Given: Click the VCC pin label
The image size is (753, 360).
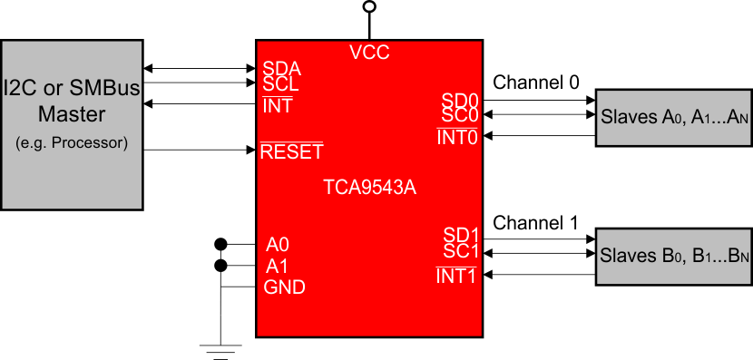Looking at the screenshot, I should (x=369, y=53).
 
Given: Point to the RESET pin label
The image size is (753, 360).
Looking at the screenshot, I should (x=291, y=151).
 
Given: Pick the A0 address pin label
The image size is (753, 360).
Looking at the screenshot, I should (x=279, y=245).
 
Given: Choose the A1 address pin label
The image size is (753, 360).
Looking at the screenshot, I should (x=279, y=267).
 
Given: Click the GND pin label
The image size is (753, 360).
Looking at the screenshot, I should (x=284, y=287).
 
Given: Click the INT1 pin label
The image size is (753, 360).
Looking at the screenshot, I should (x=457, y=275).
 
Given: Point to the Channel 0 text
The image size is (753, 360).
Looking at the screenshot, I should (x=535, y=83).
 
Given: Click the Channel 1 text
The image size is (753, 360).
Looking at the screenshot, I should (x=535, y=222).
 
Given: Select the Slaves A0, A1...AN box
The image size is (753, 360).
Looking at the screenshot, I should (x=672, y=117).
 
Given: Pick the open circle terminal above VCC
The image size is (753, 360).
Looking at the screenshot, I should (x=368, y=7).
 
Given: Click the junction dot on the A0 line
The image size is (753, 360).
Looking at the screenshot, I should (x=220, y=244).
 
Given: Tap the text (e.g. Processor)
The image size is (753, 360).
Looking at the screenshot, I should (x=71, y=144).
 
